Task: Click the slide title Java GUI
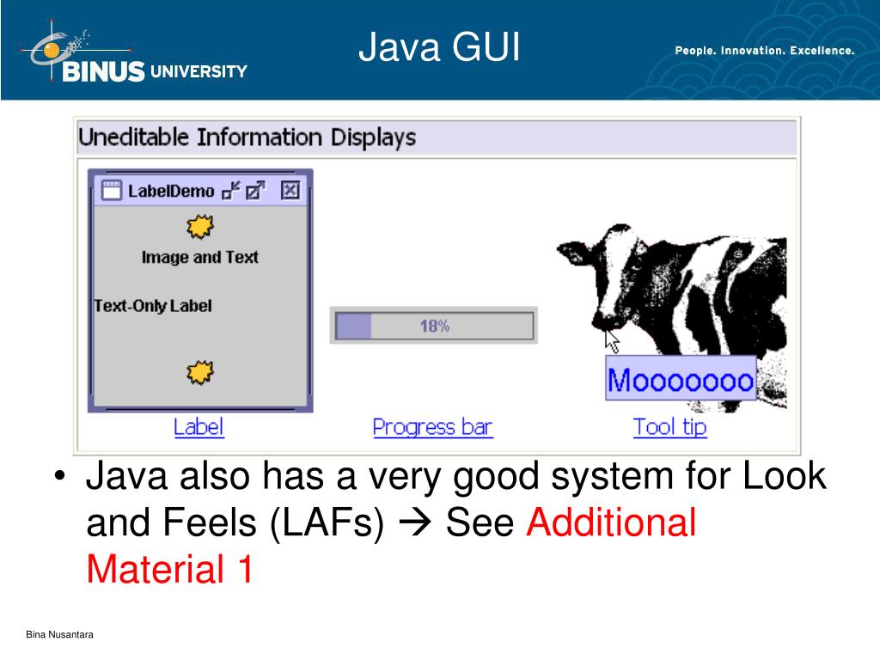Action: (439, 48)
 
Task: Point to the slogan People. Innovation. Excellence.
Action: (764, 51)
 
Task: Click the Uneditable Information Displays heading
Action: (247, 137)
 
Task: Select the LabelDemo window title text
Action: (170, 191)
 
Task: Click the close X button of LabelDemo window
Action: (290, 190)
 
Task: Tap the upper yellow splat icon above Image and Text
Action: (199, 228)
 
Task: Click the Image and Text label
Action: (199, 257)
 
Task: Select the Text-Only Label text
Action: (152, 306)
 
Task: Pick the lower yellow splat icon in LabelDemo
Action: (199, 373)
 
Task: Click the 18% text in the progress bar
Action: (434, 327)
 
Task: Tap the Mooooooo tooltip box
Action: (681, 379)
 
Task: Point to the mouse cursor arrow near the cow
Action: (611, 339)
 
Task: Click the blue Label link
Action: (199, 427)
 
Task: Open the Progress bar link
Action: (432, 427)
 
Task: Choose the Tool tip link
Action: (669, 427)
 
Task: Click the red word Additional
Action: (610, 522)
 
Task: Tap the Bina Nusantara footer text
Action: (59, 635)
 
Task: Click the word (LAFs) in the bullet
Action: (327, 522)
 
